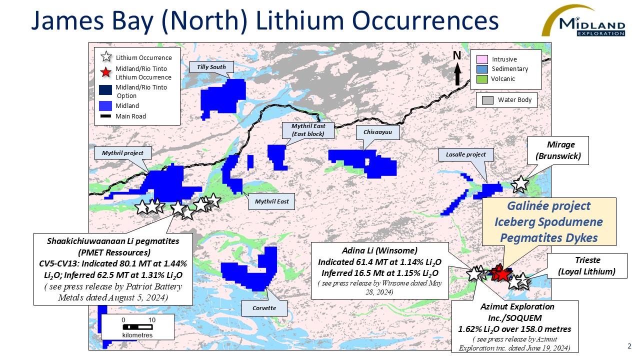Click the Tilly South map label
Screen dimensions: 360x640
tap(211, 67)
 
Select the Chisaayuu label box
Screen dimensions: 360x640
tap(374, 132)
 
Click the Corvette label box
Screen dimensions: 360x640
tap(264, 308)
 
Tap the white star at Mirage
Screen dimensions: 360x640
tap(520, 183)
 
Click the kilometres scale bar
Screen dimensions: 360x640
tap(137, 327)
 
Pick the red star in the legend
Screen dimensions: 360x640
tap(105, 73)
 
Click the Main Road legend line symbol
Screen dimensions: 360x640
tap(105, 116)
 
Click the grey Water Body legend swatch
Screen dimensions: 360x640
tap(487, 100)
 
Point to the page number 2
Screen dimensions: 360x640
tap(629, 346)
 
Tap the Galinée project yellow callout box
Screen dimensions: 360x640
tap(548, 222)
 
